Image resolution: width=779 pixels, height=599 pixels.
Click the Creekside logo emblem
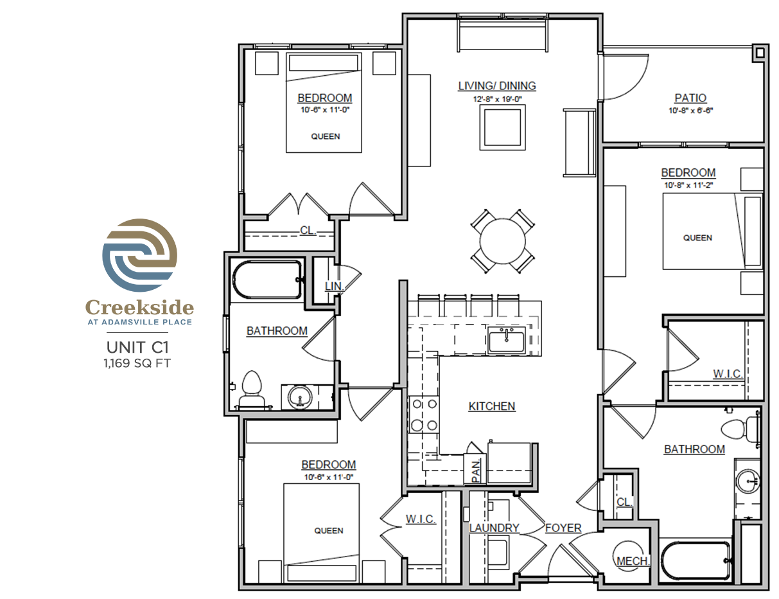[139, 255]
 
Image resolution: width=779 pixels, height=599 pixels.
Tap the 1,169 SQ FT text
[137, 363]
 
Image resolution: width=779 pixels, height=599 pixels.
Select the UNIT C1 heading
[137, 347]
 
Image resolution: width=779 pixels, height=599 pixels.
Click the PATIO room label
[690, 98]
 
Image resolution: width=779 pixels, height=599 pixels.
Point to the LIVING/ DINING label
[497, 85]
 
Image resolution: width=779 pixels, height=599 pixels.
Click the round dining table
[502, 242]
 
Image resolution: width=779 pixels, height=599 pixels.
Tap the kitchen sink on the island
[506, 340]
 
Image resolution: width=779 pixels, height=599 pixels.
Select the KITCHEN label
[492, 406]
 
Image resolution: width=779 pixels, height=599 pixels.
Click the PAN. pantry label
[476, 470]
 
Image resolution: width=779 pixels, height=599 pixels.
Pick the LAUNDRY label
[495, 528]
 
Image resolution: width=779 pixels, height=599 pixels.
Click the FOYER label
[563, 528]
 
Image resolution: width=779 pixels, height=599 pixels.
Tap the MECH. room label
[633, 561]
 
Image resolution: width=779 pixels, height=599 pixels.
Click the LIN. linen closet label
[335, 286]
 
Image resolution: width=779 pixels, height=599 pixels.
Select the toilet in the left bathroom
[251, 390]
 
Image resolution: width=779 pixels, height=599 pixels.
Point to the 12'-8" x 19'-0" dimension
[497, 99]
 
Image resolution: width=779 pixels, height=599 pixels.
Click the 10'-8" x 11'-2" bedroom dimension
[688, 185]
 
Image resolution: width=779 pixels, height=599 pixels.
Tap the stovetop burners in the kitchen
[425, 415]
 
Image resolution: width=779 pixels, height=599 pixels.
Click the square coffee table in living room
[503, 127]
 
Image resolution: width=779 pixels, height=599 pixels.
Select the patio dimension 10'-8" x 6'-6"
[690, 111]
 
